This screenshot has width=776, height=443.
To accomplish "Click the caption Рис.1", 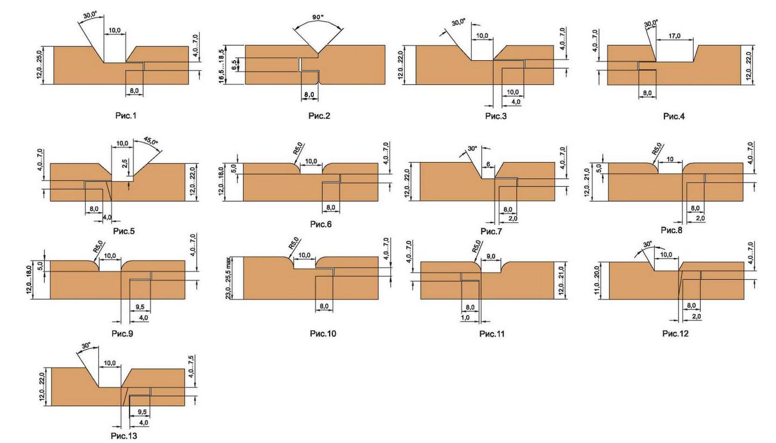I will coord(126,115).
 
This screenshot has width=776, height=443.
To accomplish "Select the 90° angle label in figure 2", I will coord(318,17).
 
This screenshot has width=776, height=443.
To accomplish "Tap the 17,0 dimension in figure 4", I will coord(674,36).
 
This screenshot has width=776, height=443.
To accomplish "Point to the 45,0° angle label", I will coord(151,141).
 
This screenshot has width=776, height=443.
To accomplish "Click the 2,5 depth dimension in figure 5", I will coord(125,164).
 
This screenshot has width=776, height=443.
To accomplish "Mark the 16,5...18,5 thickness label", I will coord(221,65).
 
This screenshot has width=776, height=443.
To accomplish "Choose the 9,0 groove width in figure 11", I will coord(491,256).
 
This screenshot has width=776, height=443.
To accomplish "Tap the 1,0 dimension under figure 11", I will coord(465,317).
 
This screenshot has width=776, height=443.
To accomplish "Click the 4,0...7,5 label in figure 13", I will coord(191,366).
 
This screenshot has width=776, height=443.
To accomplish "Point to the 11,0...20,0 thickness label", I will coord(597,281).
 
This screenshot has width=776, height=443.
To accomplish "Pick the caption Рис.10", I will coord(323,333).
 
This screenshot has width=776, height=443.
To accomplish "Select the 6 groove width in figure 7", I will coord(488,164).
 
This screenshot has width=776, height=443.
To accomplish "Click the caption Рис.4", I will coord(674,116).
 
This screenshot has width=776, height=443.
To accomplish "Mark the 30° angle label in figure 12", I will coord(647,245).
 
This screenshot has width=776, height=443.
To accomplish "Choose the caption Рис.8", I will coord(671,230).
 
